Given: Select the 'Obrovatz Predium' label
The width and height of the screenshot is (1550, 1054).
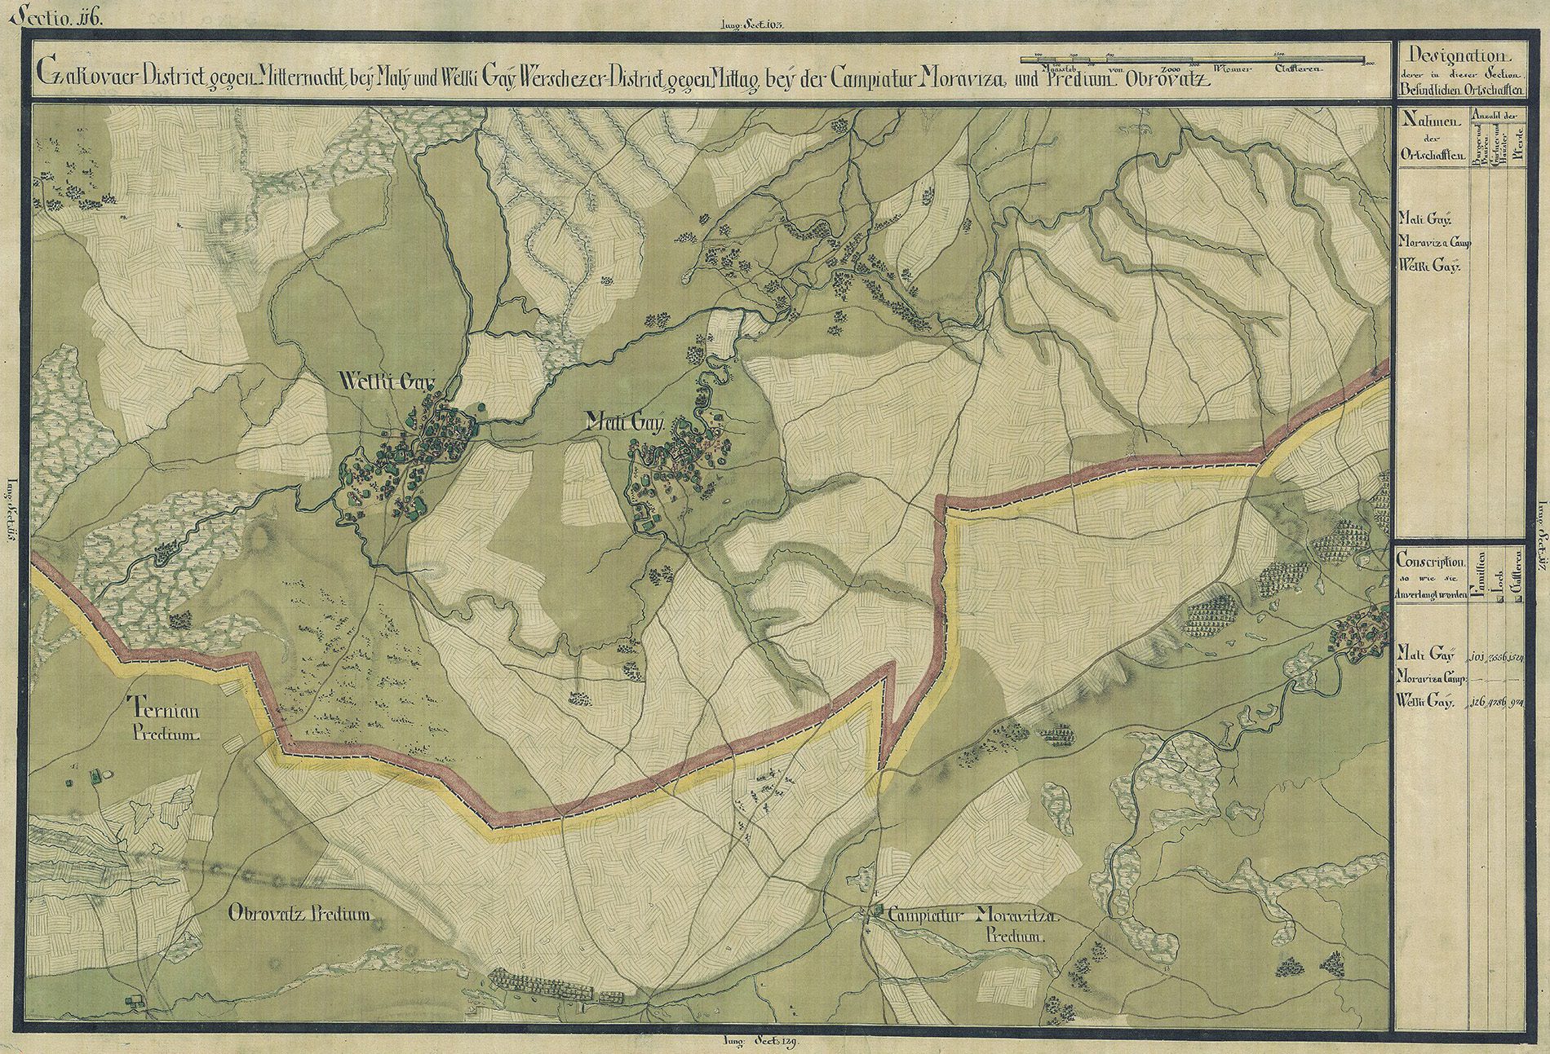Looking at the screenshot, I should click(x=301, y=915).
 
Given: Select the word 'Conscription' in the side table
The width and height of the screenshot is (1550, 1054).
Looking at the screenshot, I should click(x=1430, y=562).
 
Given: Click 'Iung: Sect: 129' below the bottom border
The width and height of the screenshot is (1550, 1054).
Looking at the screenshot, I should click(x=759, y=1043).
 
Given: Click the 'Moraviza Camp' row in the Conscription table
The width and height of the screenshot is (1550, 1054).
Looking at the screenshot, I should click(x=1432, y=677).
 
